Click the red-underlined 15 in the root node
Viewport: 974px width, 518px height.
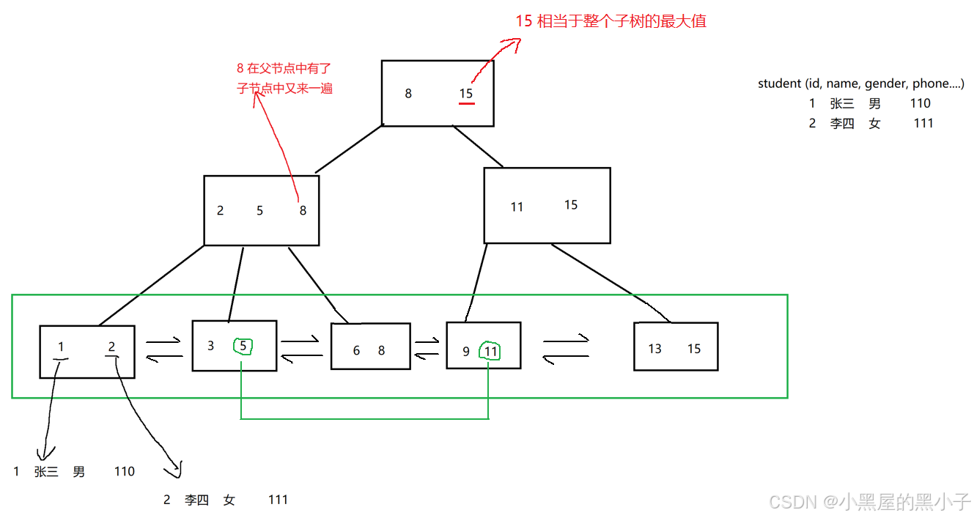(x=466, y=94)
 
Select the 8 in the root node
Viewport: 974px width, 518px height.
(x=408, y=94)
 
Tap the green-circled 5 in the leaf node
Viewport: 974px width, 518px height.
(x=243, y=345)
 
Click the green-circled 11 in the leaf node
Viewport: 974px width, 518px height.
(x=491, y=352)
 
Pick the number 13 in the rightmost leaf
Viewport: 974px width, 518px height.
(x=654, y=349)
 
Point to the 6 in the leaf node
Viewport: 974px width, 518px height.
(x=356, y=351)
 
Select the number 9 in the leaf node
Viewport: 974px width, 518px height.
(x=466, y=352)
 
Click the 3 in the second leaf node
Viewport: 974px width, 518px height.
(x=211, y=345)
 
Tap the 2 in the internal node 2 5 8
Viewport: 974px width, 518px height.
(x=220, y=211)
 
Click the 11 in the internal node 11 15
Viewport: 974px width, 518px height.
(x=517, y=207)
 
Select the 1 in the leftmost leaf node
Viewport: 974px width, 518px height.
(x=61, y=347)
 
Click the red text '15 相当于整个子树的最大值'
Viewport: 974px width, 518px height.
(x=610, y=21)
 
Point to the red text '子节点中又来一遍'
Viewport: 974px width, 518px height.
(x=284, y=88)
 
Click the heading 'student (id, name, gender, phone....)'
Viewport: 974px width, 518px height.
(x=860, y=84)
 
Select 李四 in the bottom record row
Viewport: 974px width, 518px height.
(x=196, y=500)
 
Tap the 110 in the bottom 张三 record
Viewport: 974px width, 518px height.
(x=125, y=472)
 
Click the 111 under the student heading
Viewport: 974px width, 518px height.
(x=923, y=123)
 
